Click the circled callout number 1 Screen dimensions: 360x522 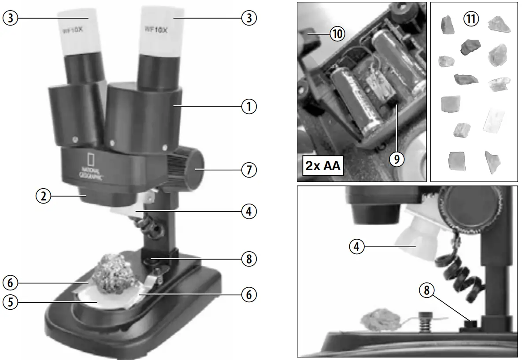(249, 106)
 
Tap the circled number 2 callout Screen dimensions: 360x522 (43, 197)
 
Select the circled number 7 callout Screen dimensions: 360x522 (249, 169)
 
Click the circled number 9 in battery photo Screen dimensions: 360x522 (396, 160)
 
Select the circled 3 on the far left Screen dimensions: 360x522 (10, 18)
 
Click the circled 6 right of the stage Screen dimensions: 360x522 (249, 294)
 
